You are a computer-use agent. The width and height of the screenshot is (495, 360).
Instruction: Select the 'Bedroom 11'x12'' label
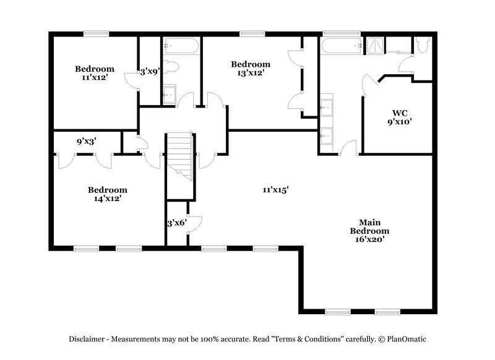(x=95, y=73)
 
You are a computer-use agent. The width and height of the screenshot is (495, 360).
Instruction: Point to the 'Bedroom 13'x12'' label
(x=250, y=68)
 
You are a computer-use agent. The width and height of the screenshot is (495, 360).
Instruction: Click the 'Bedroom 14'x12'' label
(x=107, y=194)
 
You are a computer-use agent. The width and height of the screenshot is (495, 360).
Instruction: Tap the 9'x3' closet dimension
(x=87, y=142)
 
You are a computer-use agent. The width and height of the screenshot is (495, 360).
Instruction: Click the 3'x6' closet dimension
(x=176, y=223)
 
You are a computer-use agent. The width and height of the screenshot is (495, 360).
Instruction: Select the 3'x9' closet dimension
(x=150, y=71)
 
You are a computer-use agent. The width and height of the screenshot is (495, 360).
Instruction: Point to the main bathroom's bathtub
(x=341, y=45)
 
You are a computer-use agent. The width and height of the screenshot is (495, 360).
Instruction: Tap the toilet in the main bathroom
(x=423, y=45)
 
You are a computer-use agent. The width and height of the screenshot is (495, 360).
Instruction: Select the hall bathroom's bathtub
(x=181, y=46)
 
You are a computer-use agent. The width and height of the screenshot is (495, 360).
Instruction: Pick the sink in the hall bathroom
(x=170, y=95)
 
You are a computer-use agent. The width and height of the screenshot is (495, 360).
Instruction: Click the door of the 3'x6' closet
(x=195, y=221)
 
